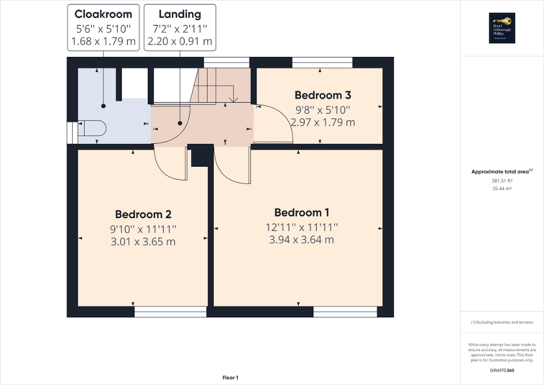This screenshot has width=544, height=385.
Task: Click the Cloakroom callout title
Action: point(104,14)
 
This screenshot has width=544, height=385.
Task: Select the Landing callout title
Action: point(180,14)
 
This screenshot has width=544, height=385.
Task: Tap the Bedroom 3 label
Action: point(319,95)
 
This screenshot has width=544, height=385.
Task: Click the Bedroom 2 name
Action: point(143,214)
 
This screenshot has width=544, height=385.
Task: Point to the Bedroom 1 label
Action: point(302,213)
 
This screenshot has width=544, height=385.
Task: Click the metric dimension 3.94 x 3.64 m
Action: point(302,240)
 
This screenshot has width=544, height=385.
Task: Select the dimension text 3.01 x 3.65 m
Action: point(143,242)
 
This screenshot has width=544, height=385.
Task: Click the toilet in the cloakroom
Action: point(91,129)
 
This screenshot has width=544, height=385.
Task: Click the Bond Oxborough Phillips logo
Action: point(502,28)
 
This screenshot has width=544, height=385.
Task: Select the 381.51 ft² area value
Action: point(502,180)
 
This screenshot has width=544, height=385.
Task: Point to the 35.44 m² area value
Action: point(502,189)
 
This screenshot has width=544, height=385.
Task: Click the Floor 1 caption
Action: point(230,378)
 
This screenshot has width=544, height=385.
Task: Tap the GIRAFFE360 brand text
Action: point(502,370)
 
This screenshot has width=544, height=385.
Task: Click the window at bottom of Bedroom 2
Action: point(170,312)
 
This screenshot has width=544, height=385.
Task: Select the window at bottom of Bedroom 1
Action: point(346,312)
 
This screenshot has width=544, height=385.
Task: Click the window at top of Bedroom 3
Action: point(322,62)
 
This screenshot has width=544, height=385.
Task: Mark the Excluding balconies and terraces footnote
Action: point(502,322)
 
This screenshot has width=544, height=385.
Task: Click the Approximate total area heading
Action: point(502,171)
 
